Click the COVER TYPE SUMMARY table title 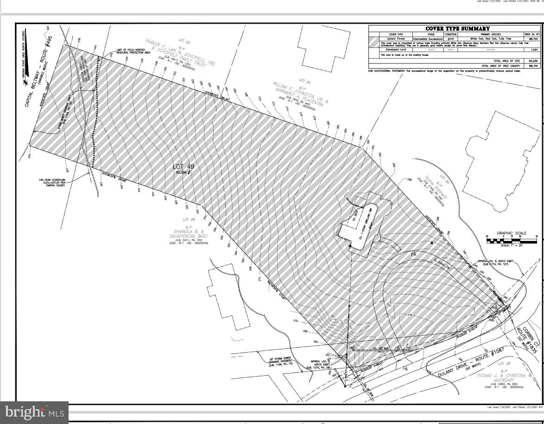pyautogui.click(x=451, y=29)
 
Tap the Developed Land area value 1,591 pyautogui.click(x=532, y=50)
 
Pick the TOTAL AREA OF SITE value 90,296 pyautogui.click(x=532, y=61)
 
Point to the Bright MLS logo pyautogui.click(x=34, y=411)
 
